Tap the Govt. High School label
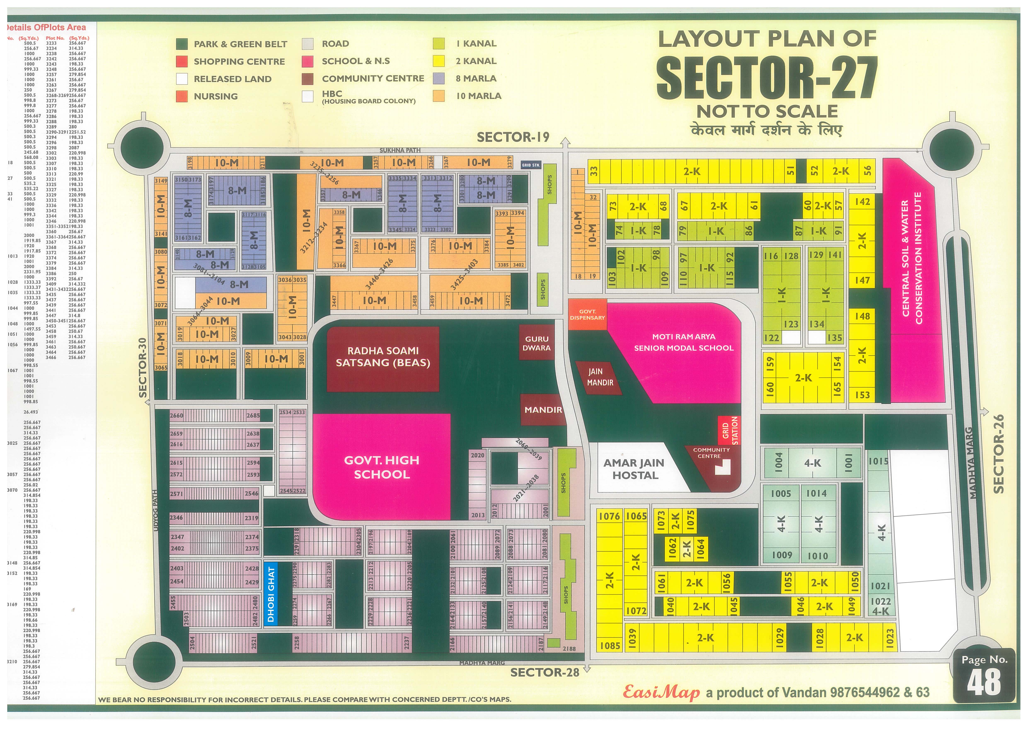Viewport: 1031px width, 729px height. (382, 467)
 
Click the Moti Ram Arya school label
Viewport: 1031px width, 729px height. (684, 342)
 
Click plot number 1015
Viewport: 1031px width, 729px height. (878, 461)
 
